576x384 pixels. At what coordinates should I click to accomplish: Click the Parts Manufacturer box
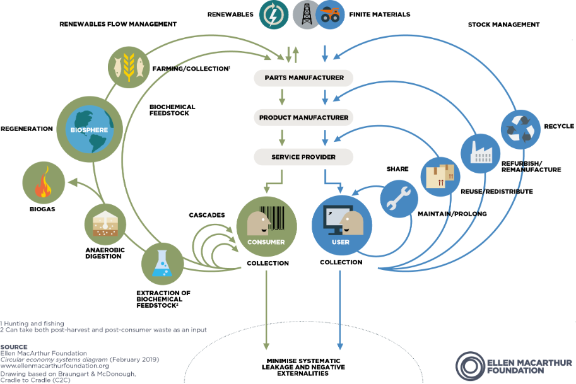303,78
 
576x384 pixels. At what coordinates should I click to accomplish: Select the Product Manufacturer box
303,117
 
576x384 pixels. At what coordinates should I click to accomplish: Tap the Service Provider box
303,156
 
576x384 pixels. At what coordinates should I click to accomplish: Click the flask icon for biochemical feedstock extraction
162,265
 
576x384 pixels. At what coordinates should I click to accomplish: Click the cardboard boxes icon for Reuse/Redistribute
440,175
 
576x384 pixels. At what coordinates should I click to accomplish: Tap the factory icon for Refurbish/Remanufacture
480,151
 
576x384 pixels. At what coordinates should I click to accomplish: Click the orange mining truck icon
329,14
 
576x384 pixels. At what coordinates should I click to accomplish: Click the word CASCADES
207,215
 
